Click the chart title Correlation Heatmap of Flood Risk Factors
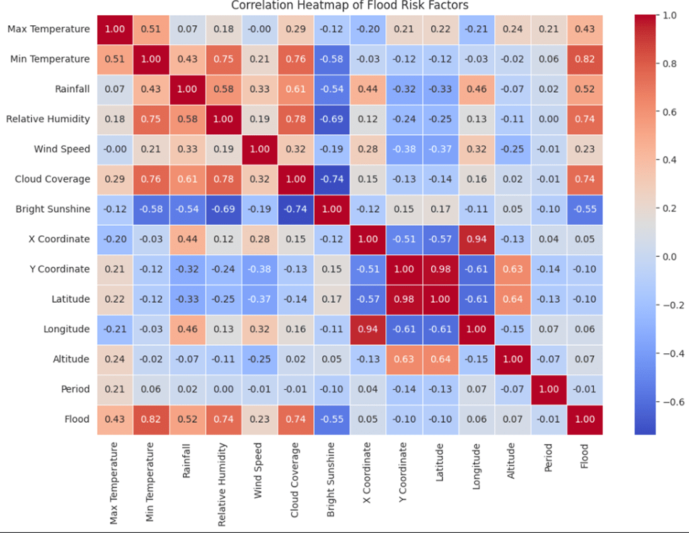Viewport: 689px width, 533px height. point(350,6)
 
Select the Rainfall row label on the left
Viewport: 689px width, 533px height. point(73,89)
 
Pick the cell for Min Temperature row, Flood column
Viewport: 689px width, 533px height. point(584,59)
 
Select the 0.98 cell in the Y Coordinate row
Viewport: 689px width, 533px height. point(440,269)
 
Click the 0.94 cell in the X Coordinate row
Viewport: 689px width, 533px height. point(477,239)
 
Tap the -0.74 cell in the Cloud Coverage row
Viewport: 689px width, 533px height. point(332,179)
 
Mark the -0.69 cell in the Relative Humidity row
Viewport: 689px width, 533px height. point(332,119)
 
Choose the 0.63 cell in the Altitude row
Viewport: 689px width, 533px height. point(404,359)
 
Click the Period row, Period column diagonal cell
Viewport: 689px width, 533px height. point(548,389)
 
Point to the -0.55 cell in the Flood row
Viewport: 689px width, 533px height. point(332,419)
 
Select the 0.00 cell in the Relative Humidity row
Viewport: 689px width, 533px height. point(548,119)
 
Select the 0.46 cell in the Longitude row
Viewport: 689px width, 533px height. point(187,329)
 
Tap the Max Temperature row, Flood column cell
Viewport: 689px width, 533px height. point(584,29)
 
